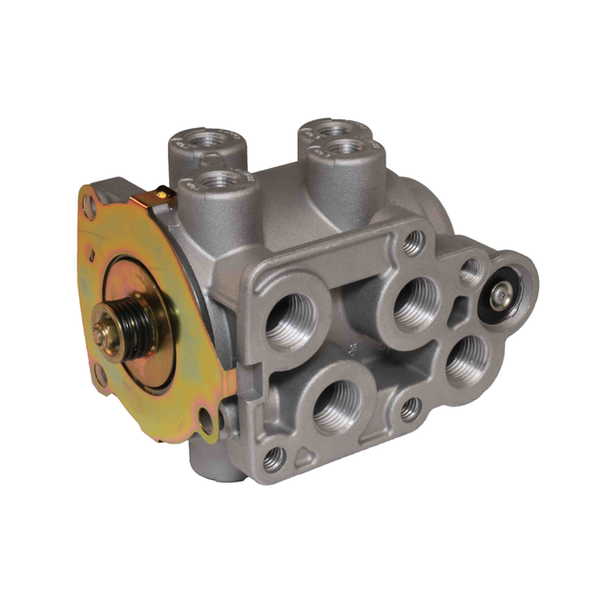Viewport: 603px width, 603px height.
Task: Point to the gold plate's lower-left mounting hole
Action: [x=101, y=377]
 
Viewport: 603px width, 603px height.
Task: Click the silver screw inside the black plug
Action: [x=498, y=297]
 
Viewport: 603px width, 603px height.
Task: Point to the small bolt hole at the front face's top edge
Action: [x=413, y=240]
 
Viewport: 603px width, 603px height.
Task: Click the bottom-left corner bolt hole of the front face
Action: [x=274, y=458]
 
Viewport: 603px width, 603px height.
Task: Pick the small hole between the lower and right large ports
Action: [x=409, y=408]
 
